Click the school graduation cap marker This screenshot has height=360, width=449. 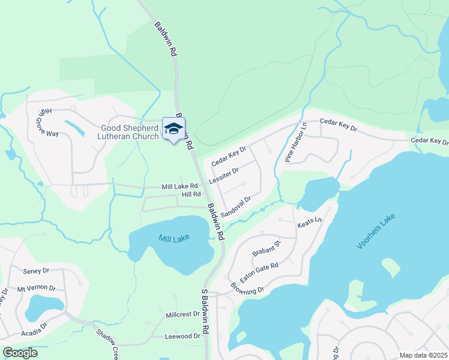tap(173, 129)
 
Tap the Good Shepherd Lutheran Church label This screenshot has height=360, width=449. tap(130, 131)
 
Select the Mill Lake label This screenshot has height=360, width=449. tap(174, 238)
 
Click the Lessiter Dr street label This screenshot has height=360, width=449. tap(224, 176)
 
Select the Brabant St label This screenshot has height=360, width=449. tap(267, 249)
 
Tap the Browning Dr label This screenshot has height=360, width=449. tap(247, 290)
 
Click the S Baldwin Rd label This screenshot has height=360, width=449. tap(205, 318)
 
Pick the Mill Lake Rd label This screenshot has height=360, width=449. tap(179, 187)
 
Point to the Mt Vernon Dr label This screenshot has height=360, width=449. tap(37, 288)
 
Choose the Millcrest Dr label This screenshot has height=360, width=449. tap(182, 314)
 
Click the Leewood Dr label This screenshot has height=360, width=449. tap(182, 337)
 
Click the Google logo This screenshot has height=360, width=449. tap(20, 353)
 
